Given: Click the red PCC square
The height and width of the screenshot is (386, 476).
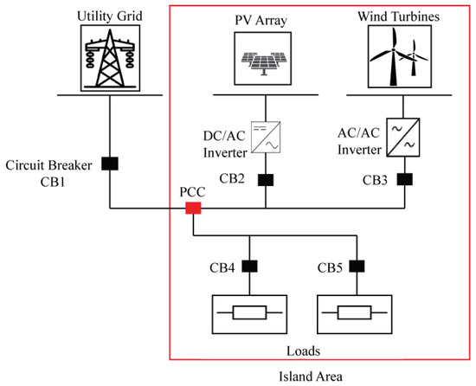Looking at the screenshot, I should pyautogui.click(x=192, y=208).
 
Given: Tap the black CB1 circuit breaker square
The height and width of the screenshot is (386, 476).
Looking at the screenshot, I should pyautogui.click(x=110, y=162).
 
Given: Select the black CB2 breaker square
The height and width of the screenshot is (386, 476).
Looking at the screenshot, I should pyautogui.click(x=264, y=181).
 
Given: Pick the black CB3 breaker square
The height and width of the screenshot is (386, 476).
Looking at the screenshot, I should pyautogui.click(x=404, y=181).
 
